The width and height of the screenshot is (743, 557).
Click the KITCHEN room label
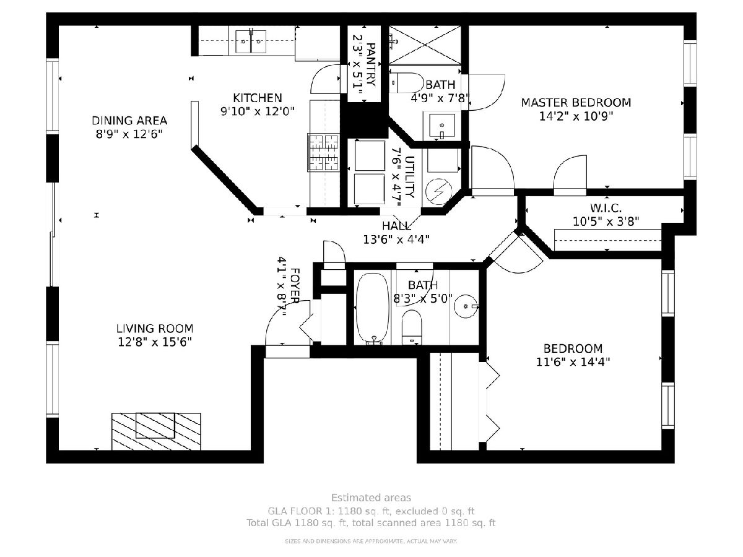click(257, 98)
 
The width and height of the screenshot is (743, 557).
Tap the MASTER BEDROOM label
click(576, 103)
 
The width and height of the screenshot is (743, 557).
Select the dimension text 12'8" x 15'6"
click(155, 342)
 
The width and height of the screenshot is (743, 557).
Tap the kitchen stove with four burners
click(323, 152)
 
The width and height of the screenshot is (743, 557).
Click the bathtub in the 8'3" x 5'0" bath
click(373, 308)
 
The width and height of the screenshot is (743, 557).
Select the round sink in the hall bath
click(466, 306)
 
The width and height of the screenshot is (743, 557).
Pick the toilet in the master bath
click(406, 82)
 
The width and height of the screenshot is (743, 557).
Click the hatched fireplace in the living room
click(156, 431)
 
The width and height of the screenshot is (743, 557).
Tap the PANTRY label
click(371, 64)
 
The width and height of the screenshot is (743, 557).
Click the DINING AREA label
click(129, 121)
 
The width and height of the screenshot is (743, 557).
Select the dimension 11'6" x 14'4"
click(573, 362)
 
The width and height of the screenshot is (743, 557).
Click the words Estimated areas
click(371, 498)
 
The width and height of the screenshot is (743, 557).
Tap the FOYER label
click(295, 286)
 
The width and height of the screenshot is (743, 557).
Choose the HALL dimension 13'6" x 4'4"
click(396, 240)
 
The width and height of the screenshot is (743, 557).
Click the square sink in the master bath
click(441, 125)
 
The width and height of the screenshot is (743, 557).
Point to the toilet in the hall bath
click(412, 327)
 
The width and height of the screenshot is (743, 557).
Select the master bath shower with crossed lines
click(425, 45)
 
